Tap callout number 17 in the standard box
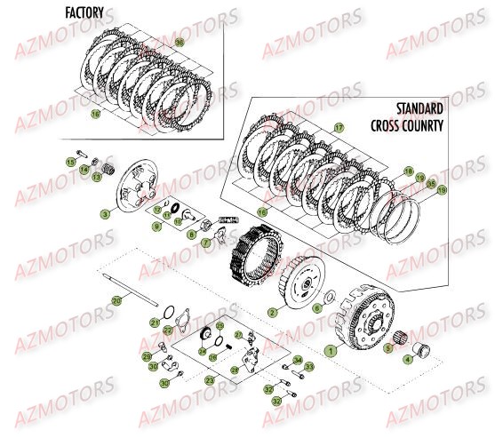pyautogui.click(x=339, y=129)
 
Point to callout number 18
pyautogui.click(x=408, y=169)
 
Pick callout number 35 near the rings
pyautogui.click(x=430, y=184)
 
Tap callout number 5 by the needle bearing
pyautogui.click(x=387, y=349)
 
